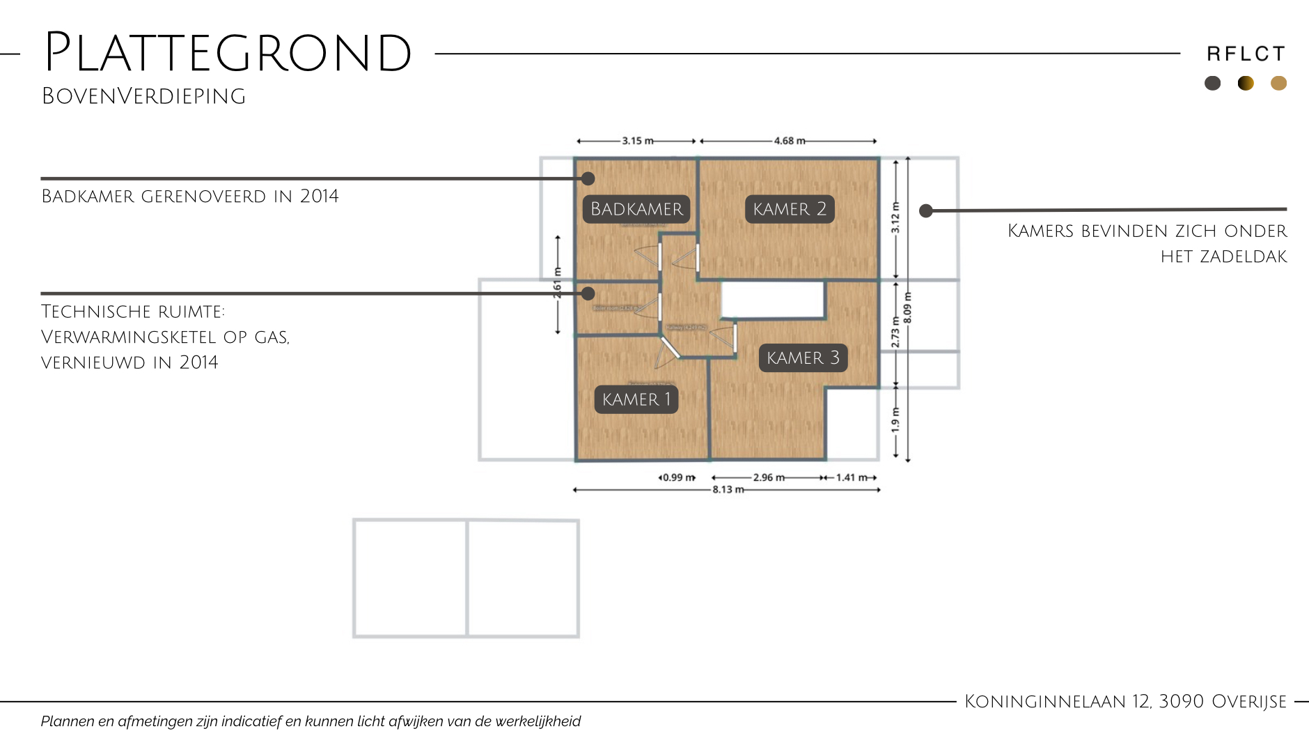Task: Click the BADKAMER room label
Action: pos(636,209)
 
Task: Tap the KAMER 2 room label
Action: pos(790,209)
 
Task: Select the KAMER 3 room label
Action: pos(803,358)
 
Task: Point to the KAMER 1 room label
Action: pos(636,399)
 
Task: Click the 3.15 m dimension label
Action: pos(638,141)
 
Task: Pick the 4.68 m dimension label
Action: pos(790,141)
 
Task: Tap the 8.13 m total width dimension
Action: pos(728,490)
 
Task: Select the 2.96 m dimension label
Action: pos(769,477)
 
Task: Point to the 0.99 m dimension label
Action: pos(678,477)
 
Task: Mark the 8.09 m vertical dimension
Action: pos(907,308)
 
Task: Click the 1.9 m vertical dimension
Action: pos(895,420)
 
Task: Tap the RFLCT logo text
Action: pos(1246,54)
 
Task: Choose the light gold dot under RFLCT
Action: pos(1278,84)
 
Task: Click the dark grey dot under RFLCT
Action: pos(1212,84)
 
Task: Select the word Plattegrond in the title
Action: pos(228,53)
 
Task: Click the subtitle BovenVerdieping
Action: pos(143,96)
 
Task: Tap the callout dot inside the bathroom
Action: pos(588,178)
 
